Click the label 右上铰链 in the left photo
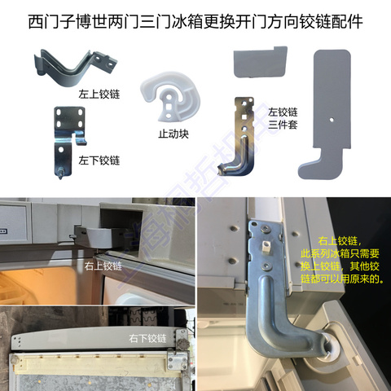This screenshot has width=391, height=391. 103,265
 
